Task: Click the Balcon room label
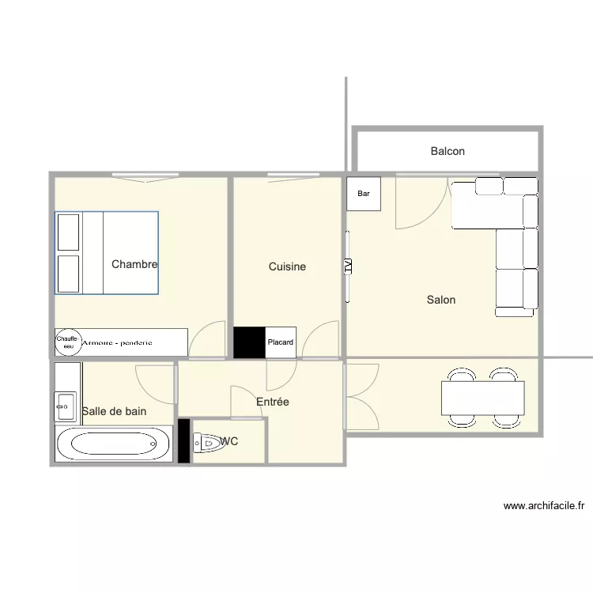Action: (x=448, y=151)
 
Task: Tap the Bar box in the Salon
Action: (x=364, y=194)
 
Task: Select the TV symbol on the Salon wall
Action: (x=348, y=266)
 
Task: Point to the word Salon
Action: (x=441, y=300)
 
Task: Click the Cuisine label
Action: (x=287, y=266)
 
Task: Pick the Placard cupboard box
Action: (x=281, y=342)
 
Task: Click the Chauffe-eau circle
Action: (x=68, y=342)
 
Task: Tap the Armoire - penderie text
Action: (x=117, y=343)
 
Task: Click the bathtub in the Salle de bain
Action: (x=113, y=444)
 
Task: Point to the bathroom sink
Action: (x=66, y=406)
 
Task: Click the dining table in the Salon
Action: (x=483, y=398)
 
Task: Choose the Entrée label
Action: (x=272, y=402)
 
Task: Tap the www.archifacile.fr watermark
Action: (x=544, y=506)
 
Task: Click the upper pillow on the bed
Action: (x=69, y=232)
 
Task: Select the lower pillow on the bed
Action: (x=69, y=274)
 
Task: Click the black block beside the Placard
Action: (x=249, y=342)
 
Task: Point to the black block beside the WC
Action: (x=183, y=440)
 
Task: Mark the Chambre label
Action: (x=134, y=264)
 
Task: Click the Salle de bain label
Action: (x=114, y=411)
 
